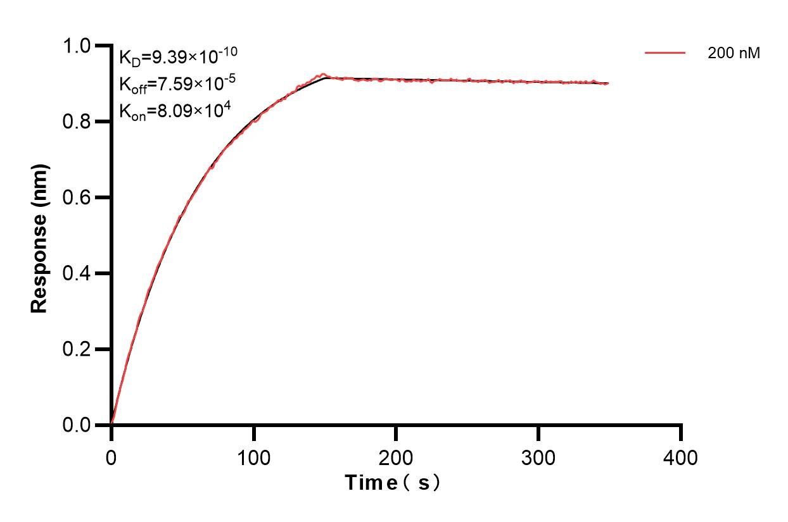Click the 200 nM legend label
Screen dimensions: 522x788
click(734, 54)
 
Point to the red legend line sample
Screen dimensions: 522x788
click(665, 54)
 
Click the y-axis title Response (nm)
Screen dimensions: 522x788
click(40, 238)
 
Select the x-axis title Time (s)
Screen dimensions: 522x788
click(392, 483)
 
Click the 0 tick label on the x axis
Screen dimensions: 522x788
click(111, 457)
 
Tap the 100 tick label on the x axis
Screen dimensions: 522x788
click(253, 457)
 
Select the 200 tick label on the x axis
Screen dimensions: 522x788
click(396, 457)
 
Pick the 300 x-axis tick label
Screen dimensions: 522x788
click(538, 457)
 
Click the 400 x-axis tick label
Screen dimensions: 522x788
click(681, 457)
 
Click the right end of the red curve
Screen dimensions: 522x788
click(608, 83)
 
